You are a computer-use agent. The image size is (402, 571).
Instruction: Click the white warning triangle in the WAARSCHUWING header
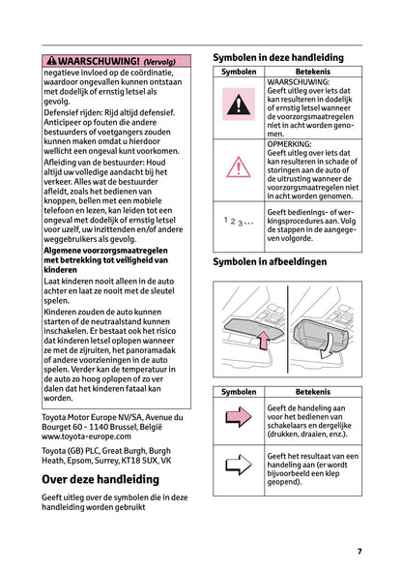point(49,60)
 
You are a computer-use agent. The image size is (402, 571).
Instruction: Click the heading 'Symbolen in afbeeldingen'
point(270,262)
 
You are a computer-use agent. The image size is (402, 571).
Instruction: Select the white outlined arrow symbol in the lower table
point(238,468)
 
